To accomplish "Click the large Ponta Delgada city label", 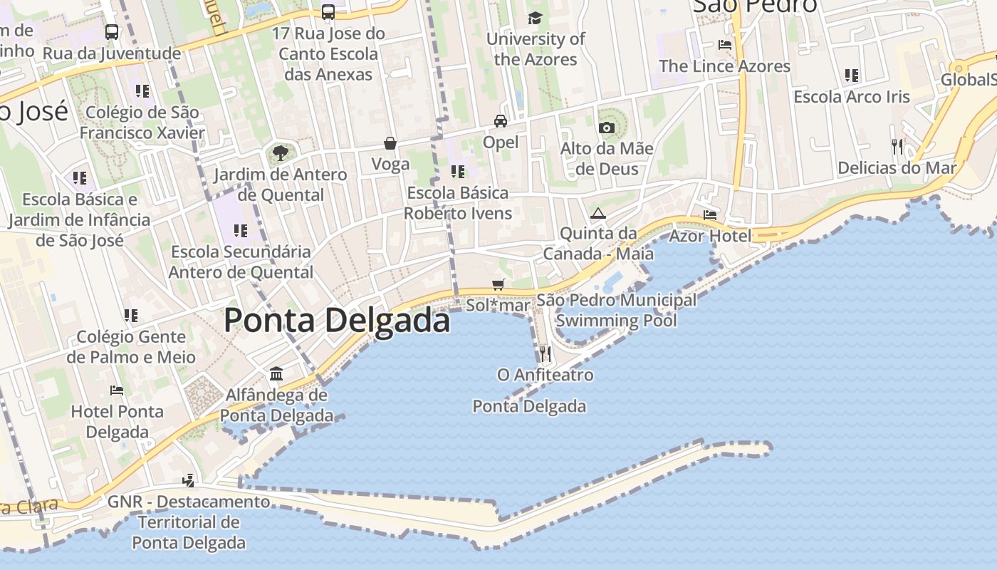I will [337, 321].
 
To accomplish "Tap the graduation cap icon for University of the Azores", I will [535, 18].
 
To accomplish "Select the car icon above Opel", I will [501, 120].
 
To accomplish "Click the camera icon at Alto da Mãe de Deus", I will [607, 128].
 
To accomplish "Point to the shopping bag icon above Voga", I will [390, 143].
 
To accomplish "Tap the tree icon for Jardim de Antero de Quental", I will [281, 152].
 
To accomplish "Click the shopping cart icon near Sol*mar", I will [499, 284].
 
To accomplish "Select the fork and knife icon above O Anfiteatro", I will [545, 353].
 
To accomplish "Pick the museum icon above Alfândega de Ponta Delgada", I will [276, 373].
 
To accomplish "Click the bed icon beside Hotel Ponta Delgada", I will [117, 390].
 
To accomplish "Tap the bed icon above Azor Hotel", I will [710, 214].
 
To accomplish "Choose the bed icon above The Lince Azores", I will [725, 44].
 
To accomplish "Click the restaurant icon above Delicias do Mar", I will [897, 146].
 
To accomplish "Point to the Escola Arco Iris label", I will [852, 97].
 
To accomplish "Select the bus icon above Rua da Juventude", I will [112, 32].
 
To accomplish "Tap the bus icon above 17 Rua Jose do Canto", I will [328, 12].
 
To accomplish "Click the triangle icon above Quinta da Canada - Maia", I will [597, 213].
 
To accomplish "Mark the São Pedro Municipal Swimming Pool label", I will [617, 310].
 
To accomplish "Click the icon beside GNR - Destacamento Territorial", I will [189, 481].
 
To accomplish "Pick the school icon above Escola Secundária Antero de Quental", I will [241, 230].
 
